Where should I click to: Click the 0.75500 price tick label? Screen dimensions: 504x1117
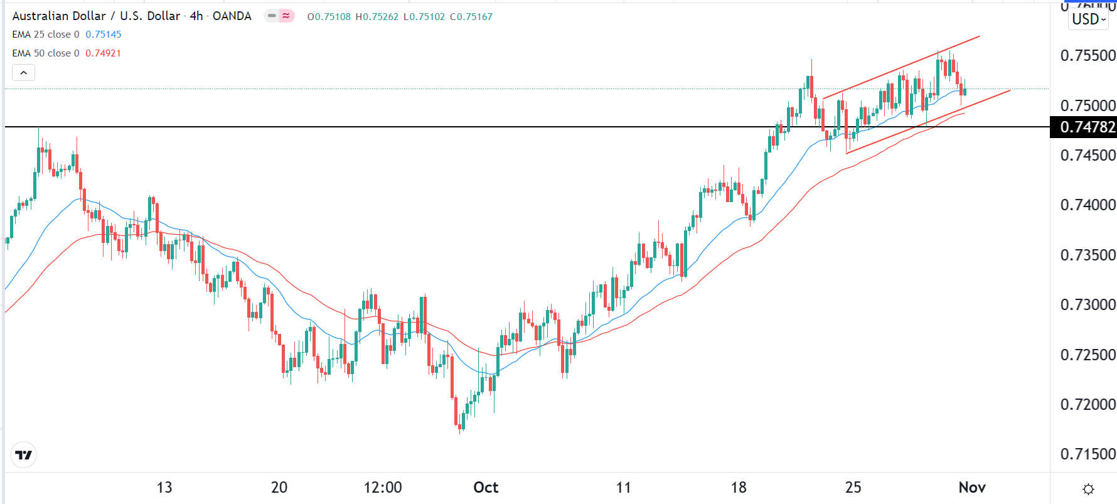pos(1088,55)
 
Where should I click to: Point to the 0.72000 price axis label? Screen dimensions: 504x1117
pos(1088,404)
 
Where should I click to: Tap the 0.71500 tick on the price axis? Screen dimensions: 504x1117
pos(1088,454)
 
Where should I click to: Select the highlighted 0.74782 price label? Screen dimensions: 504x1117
pos(1087,127)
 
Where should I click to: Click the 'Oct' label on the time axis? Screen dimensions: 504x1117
pos(486,488)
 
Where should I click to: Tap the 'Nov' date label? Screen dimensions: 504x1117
pos(972,488)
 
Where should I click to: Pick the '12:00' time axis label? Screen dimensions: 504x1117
pos(383,488)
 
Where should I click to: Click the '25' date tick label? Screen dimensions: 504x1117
pos(853,488)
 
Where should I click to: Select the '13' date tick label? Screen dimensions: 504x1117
pos(164,488)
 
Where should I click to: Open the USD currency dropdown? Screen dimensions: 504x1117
pos(1089,19)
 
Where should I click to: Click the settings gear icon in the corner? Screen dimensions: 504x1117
pos(1089,489)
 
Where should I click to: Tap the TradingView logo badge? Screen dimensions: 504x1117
pos(24,455)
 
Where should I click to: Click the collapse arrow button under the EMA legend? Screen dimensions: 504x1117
pos(23,73)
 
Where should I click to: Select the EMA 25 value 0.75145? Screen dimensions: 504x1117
pos(104,35)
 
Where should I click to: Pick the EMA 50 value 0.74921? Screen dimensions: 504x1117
pos(103,53)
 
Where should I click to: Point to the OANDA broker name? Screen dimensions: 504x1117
pos(232,16)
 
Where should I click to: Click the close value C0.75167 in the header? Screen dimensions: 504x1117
pos(471,17)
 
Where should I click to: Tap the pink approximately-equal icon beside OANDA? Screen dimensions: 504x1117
pos(286,16)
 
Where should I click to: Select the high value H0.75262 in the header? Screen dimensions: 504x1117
pos(377,17)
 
